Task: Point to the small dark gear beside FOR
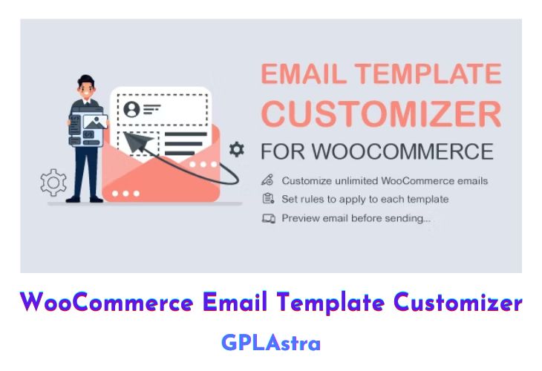tap(237, 150)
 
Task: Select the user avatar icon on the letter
tap(132, 110)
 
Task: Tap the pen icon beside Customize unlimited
tap(268, 180)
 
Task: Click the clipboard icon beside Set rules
tap(268, 199)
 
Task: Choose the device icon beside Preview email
tap(269, 218)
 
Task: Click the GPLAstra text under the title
tap(270, 342)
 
